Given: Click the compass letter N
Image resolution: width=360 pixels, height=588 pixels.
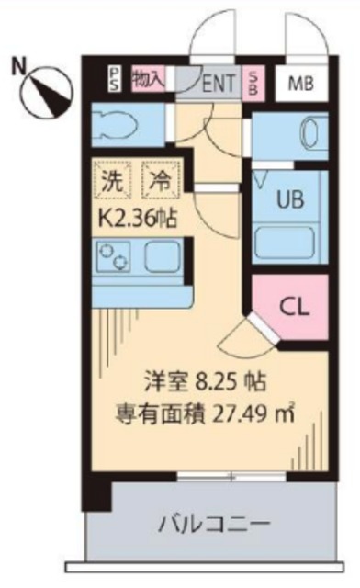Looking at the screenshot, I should pos(17,65).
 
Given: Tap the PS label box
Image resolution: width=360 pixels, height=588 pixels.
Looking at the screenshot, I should pos(114,79).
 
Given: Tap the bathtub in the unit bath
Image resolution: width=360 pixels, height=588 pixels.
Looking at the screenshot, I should pos(287,242).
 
